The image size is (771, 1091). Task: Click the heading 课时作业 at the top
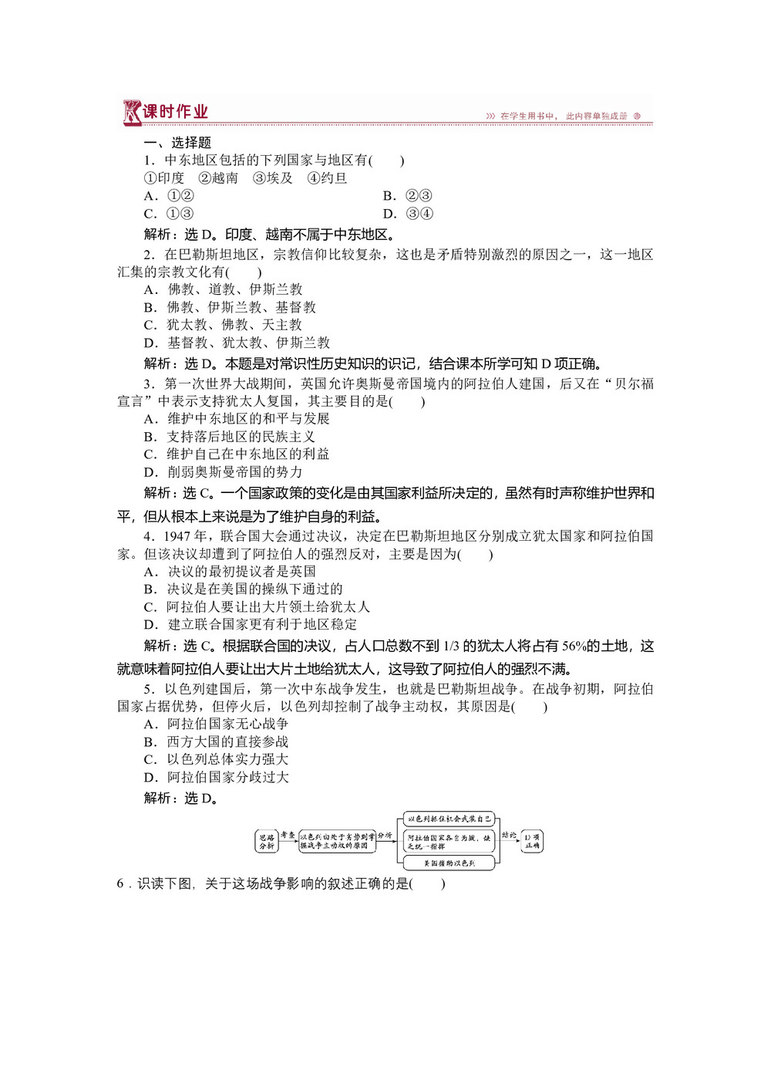coord(175,112)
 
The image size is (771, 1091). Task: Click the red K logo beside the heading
coord(132,113)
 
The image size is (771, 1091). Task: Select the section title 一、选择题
coord(177,143)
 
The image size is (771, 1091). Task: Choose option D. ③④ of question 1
coord(408,214)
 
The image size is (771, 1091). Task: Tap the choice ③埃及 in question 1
coord(272,178)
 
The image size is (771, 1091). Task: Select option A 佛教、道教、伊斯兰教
coord(224,289)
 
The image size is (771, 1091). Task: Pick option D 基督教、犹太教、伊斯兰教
coord(237,343)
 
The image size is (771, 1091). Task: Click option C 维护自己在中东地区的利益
coord(237,454)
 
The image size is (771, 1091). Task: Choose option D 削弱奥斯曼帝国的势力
coord(224,472)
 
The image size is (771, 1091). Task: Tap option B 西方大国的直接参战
coord(217,742)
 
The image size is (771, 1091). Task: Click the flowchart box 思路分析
coord(267,841)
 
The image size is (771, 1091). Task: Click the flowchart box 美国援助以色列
coord(449,863)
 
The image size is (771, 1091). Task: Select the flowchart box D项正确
coord(532,841)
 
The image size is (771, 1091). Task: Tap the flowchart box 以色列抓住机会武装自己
coord(449,819)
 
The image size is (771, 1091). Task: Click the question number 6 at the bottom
coord(120,884)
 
